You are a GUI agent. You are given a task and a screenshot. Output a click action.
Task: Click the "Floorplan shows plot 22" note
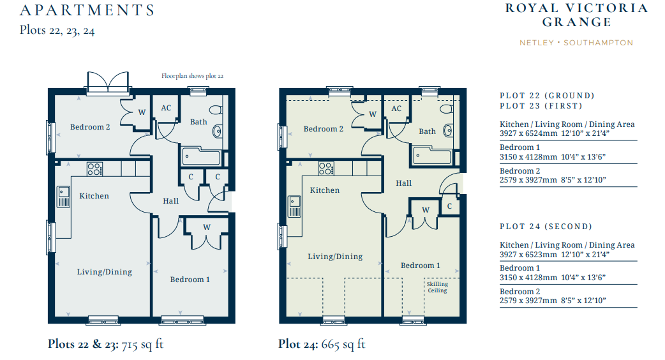tap(192, 76)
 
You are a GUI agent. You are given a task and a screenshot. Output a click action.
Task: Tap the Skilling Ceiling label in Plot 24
tap(437, 287)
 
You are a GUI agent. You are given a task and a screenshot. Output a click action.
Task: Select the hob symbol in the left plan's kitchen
tap(94, 169)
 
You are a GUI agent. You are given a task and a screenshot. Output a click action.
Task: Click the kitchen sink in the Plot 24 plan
tap(294, 206)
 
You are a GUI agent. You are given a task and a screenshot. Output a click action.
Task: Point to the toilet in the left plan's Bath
tap(216, 110)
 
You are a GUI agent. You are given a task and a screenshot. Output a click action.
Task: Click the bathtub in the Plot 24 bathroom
tap(432, 156)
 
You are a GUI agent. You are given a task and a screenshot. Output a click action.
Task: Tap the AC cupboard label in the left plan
tap(166, 108)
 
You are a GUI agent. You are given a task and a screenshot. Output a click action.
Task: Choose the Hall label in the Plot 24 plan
tap(404, 183)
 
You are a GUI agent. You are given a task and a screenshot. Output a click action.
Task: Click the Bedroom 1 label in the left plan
tap(190, 280)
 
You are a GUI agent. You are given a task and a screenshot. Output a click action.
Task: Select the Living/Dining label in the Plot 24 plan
tap(335, 257)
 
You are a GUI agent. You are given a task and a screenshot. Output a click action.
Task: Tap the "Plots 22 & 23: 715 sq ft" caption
tap(105, 344)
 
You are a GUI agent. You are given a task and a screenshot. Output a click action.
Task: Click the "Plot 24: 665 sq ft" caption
tap(322, 344)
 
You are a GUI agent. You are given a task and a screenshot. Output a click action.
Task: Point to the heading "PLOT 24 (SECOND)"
tap(546, 227)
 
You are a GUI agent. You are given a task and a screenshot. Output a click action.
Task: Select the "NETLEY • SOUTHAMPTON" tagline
tap(576, 43)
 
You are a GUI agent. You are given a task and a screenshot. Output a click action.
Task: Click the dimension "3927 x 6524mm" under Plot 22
tap(528, 133)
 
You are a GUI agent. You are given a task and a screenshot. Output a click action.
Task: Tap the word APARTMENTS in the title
tap(87, 10)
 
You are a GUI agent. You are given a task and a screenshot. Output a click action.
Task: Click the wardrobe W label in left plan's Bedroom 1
tap(207, 227)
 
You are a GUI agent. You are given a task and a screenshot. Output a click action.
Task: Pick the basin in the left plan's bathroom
tap(217, 131)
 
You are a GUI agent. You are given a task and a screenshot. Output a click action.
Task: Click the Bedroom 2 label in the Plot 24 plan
tap(324, 129)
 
